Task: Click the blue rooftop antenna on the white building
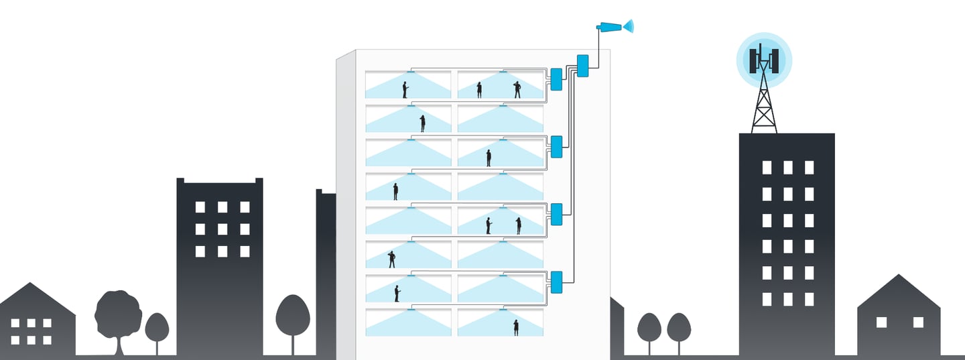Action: click(x=611, y=27)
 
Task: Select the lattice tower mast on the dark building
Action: click(x=764, y=104)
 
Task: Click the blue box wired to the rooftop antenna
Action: click(x=582, y=66)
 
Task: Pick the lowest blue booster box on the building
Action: click(x=556, y=282)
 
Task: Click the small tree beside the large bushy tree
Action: click(x=157, y=328)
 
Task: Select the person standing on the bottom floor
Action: click(x=516, y=327)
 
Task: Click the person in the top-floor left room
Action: click(x=405, y=90)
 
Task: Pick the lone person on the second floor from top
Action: click(x=422, y=123)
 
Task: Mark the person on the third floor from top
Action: click(x=489, y=158)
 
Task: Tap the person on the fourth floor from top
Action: click(x=395, y=192)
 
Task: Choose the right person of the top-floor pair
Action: click(x=517, y=90)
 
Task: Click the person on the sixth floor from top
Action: click(x=392, y=259)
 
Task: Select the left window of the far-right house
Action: click(x=881, y=322)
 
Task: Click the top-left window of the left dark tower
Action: click(x=200, y=207)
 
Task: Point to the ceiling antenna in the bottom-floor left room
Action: click(x=410, y=309)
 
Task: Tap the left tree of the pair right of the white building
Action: click(x=649, y=327)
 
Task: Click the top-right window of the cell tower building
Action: click(x=809, y=168)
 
